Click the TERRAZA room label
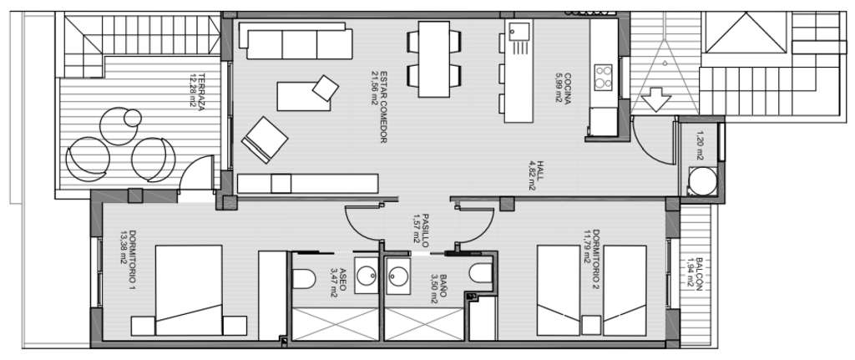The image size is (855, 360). click(x=200, y=92)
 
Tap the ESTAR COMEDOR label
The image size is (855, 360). click(x=382, y=107)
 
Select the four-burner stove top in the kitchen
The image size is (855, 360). click(x=603, y=76)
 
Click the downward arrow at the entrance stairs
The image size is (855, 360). click(x=658, y=99)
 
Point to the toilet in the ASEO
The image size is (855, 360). click(x=304, y=279)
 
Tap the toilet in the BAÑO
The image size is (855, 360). click(x=480, y=273)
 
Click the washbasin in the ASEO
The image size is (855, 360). click(x=366, y=276)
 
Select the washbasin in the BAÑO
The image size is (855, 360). click(x=398, y=276)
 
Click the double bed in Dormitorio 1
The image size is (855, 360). click(x=189, y=290)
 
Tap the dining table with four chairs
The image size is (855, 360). click(x=434, y=59)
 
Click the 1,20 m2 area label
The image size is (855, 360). click(x=700, y=145)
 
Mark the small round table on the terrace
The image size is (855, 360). click(x=133, y=117)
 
